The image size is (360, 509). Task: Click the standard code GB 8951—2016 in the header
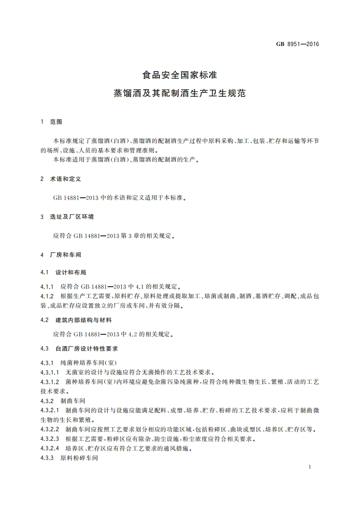click(x=297, y=44)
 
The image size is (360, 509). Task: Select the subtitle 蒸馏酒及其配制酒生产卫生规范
click(x=180, y=94)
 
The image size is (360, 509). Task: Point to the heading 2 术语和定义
click(x=60, y=179)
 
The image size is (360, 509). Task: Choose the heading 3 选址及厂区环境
click(x=67, y=217)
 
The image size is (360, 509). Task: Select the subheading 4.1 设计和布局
click(x=63, y=273)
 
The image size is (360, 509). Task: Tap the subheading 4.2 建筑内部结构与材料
click(x=76, y=320)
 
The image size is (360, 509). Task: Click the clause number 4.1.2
click(x=47, y=296)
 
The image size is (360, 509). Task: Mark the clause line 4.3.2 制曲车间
click(x=63, y=401)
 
